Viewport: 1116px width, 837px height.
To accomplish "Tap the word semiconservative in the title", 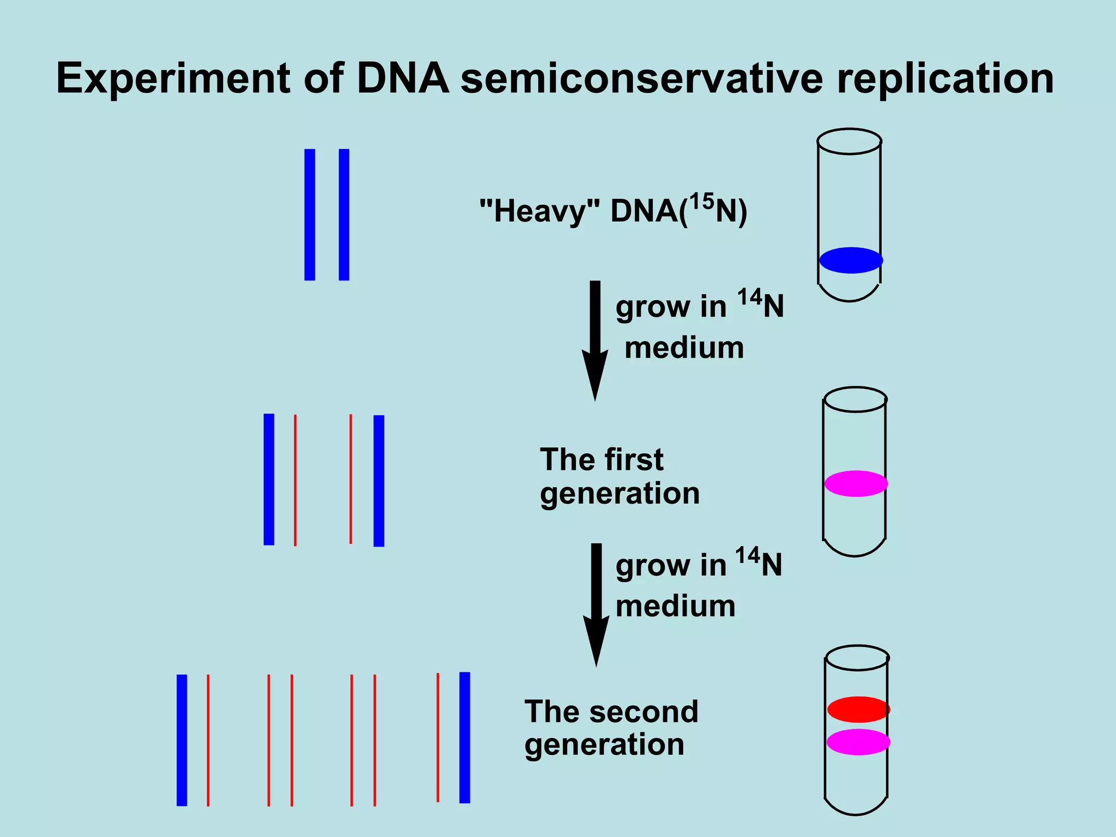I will pos(643,78).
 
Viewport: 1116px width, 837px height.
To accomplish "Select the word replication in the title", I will pos(945,80).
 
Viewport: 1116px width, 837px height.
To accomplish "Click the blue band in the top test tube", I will pos(851,260).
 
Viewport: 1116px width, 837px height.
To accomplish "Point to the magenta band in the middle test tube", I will pos(856,483).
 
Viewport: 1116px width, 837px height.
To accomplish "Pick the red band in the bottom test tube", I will pos(858,709).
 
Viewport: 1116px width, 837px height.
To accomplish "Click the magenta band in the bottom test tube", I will pos(858,742).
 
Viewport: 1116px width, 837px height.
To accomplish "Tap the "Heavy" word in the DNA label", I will pos(539,211).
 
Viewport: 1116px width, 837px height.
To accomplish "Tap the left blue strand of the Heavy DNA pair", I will pos(310,215).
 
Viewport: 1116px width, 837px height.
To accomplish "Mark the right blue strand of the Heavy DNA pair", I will pos(344,215).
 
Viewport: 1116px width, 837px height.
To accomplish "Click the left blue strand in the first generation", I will pos(269,480).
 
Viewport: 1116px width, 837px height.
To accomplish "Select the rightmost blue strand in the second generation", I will pos(465,737).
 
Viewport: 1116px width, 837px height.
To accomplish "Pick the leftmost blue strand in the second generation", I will pos(182,740).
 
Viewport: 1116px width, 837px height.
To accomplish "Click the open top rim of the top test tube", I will pos(850,141).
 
